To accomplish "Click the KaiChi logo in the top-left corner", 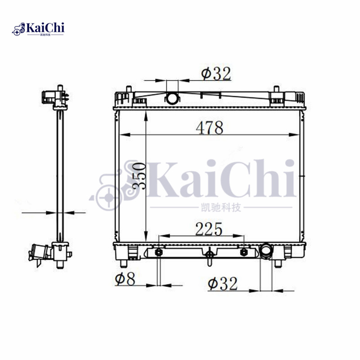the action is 38,29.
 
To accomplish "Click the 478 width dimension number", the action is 209,128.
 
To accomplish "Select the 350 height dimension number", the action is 139,176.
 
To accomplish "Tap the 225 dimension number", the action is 209,229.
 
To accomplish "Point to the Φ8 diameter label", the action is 125,279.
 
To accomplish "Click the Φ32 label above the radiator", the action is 216,73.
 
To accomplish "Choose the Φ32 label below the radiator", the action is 222,284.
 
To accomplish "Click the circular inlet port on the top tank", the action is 172,98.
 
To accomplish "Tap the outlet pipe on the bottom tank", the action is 266,251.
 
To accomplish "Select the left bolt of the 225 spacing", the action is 159,252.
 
